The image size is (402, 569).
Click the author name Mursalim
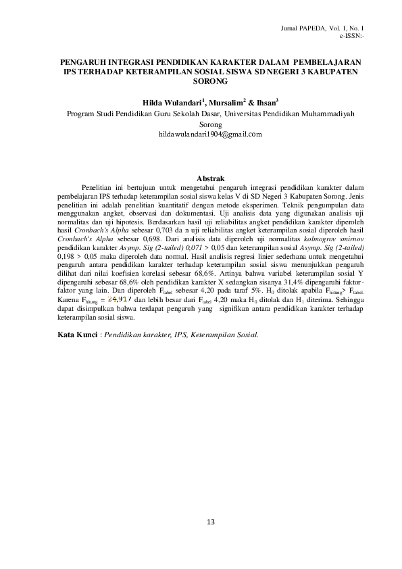(226, 102)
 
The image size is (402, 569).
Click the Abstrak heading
(200, 178)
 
